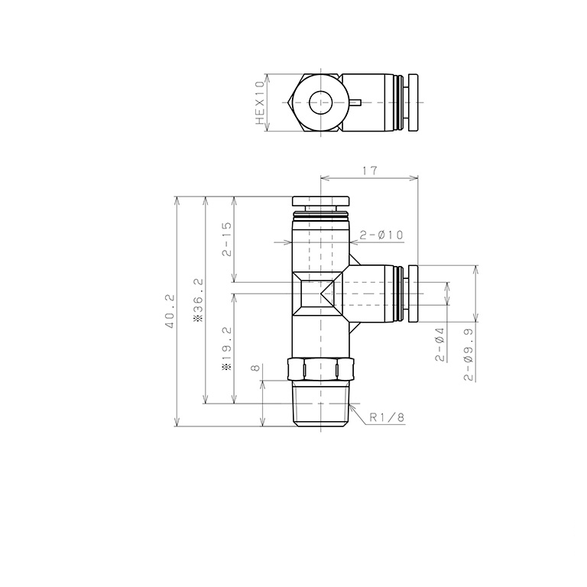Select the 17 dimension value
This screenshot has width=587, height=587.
(370, 172)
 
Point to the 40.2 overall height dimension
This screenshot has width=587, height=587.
(170, 312)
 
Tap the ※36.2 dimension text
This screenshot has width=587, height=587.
(198, 300)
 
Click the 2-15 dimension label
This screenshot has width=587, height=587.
(227, 239)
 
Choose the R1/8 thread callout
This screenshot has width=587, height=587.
(387, 417)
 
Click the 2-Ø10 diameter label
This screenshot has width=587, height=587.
(381, 235)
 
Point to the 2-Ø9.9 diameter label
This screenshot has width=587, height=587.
(468, 351)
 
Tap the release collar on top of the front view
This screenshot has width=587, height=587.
(320, 200)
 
